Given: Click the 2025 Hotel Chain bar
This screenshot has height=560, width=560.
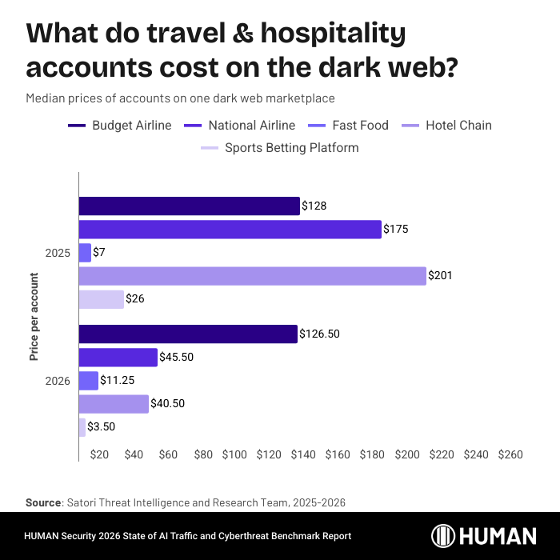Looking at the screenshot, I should click(252, 276).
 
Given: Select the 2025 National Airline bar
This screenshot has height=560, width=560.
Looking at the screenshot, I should click(230, 230).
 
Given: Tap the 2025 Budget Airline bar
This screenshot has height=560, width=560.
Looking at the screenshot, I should click(189, 206).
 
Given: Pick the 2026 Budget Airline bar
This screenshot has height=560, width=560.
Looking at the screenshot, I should click(188, 334).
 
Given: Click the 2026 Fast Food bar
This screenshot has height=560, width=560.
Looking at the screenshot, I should click(88, 381).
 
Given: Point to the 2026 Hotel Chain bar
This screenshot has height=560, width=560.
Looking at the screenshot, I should click(114, 404).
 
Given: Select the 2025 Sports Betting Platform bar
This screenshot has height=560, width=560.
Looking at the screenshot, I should click(101, 299).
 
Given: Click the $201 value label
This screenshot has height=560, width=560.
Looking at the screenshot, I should click(440, 276).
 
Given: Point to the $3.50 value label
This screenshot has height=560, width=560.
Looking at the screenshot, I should click(102, 427).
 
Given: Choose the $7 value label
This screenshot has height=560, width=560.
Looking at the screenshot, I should click(99, 253).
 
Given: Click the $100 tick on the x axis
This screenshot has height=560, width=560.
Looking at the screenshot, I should click(234, 454).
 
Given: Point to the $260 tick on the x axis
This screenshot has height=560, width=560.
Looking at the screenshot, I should click(510, 454).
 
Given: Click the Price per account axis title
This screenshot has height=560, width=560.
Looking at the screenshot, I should click(34, 317).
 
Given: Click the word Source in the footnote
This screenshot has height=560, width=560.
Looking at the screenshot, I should click(43, 502).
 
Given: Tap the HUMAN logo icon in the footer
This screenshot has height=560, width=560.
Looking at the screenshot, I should click(445, 536).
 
